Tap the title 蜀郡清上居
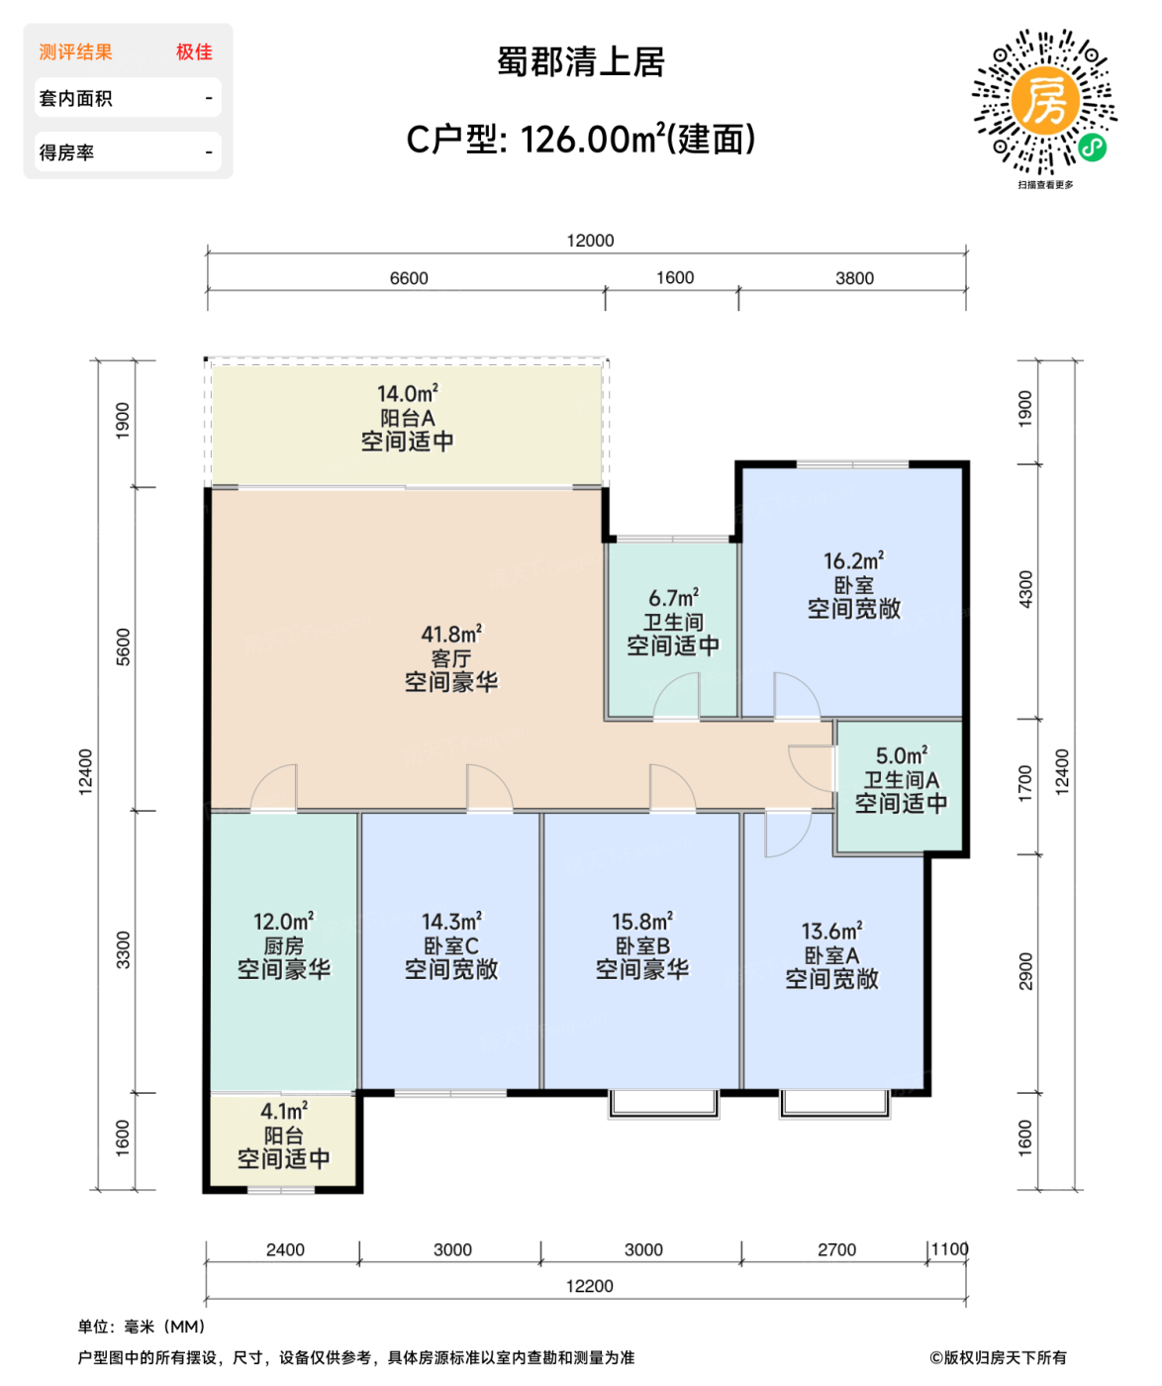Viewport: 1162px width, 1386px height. [581, 62]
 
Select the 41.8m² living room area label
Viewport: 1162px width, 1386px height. [451, 634]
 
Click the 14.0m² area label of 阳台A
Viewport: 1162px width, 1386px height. [407, 394]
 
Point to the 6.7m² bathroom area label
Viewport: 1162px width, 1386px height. [673, 598]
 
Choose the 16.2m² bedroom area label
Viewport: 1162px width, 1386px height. [853, 561]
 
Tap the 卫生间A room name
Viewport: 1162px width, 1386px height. [901, 780]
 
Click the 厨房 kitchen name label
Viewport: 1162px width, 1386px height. [283, 945]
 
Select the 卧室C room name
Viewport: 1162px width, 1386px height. [451, 945]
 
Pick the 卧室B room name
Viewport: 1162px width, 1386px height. [642, 945]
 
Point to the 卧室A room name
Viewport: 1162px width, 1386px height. [831, 955]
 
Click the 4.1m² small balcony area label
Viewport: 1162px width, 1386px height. [283, 1111]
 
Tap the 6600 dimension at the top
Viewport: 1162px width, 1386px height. [409, 278]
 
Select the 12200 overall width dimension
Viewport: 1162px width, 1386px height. [589, 1286]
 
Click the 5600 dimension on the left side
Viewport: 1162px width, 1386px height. [123, 646]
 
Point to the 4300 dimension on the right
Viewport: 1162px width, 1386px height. [1025, 590]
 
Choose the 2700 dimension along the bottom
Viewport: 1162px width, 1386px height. [836, 1249]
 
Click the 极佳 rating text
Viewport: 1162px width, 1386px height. [194, 52]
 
